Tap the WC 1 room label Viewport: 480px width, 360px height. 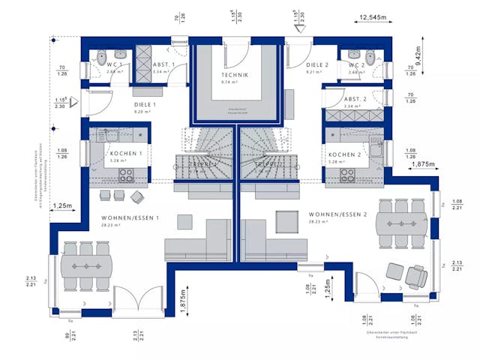coord(115,66)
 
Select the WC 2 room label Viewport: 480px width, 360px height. coord(355,66)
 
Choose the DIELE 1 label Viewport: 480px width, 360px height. coord(144,104)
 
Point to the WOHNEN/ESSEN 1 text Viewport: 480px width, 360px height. coord(128,217)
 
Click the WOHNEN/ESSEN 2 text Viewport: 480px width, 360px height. coord(337,214)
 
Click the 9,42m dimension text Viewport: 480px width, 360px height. coord(418,52)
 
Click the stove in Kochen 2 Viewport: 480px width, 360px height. coord(348,175)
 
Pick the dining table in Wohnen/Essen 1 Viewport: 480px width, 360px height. coord(85,266)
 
